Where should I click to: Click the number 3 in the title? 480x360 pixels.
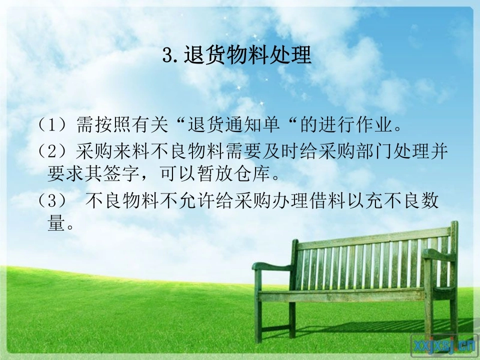167,55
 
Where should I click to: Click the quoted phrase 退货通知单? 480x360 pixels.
233,124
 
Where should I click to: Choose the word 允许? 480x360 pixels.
196,200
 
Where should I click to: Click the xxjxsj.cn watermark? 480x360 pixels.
444,345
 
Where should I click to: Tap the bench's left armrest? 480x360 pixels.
272,266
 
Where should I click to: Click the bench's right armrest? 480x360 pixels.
438,254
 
